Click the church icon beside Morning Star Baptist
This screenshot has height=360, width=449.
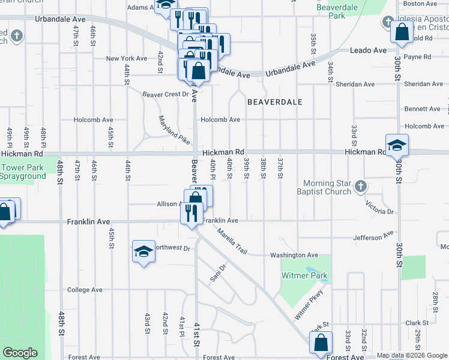point(360,185)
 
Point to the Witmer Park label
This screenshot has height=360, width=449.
point(305,276)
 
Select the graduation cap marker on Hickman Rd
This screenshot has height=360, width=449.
point(397,145)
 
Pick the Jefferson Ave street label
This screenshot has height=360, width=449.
point(373,236)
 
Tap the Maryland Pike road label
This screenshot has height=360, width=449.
point(174,130)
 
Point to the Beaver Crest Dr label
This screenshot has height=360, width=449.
point(166,94)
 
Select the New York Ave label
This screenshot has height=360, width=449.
point(127,58)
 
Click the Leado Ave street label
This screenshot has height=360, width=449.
point(368,50)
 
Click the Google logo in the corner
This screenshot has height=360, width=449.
point(20,353)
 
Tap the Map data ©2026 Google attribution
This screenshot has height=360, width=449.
point(412,356)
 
